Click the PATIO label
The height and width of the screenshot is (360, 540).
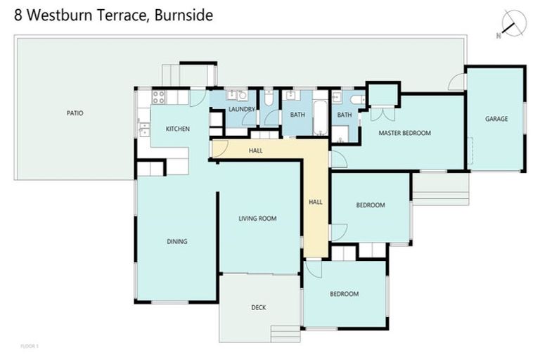point(75,112)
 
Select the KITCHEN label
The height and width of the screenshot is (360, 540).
point(177,129)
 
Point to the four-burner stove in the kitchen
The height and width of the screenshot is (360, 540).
point(158,97)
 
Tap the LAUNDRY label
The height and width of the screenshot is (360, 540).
point(242,110)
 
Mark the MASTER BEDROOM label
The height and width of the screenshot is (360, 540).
point(404,133)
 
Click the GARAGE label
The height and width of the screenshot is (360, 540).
point(496,119)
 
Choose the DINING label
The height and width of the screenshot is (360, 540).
point(176,242)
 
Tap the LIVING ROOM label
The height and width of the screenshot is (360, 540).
point(257,219)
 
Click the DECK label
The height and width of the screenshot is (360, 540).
point(258,307)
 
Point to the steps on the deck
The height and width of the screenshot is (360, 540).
point(285,333)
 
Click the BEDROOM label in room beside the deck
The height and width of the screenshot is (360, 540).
point(345,294)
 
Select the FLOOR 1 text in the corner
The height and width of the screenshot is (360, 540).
point(29,347)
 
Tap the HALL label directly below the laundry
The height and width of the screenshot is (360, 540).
point(256,150)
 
